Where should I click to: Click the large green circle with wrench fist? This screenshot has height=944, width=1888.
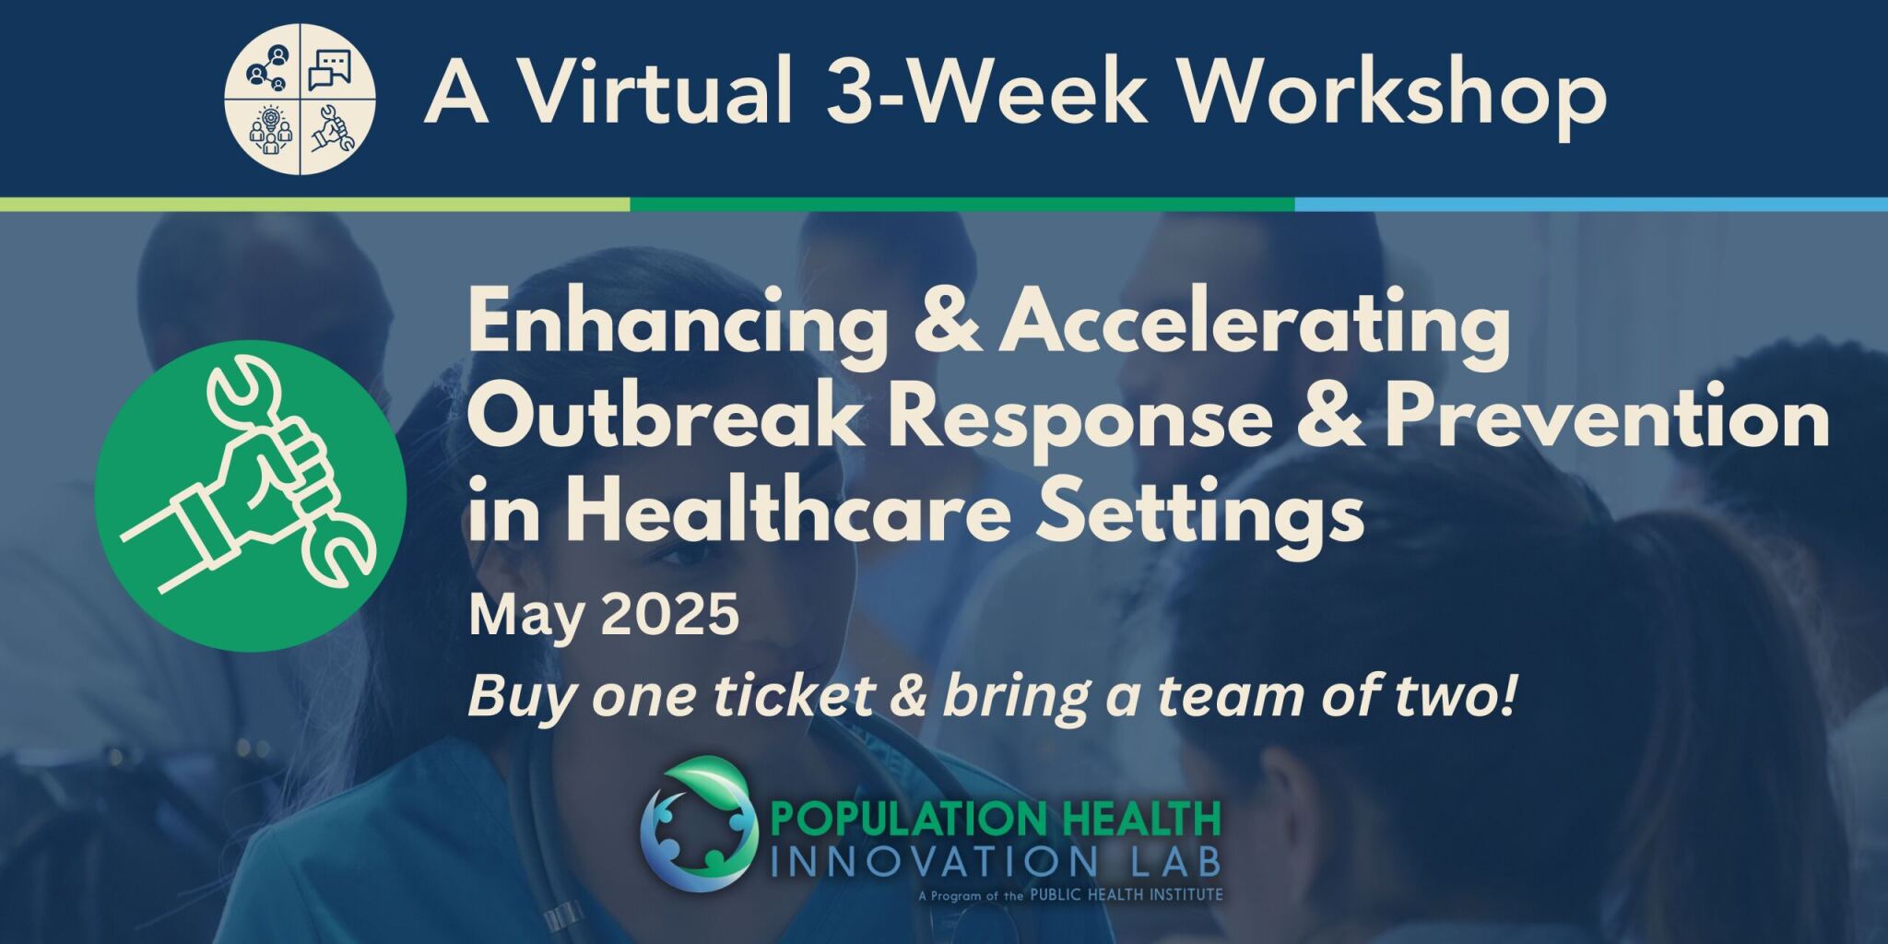(251, 496)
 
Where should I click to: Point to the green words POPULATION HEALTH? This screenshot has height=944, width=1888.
(995, 819)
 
